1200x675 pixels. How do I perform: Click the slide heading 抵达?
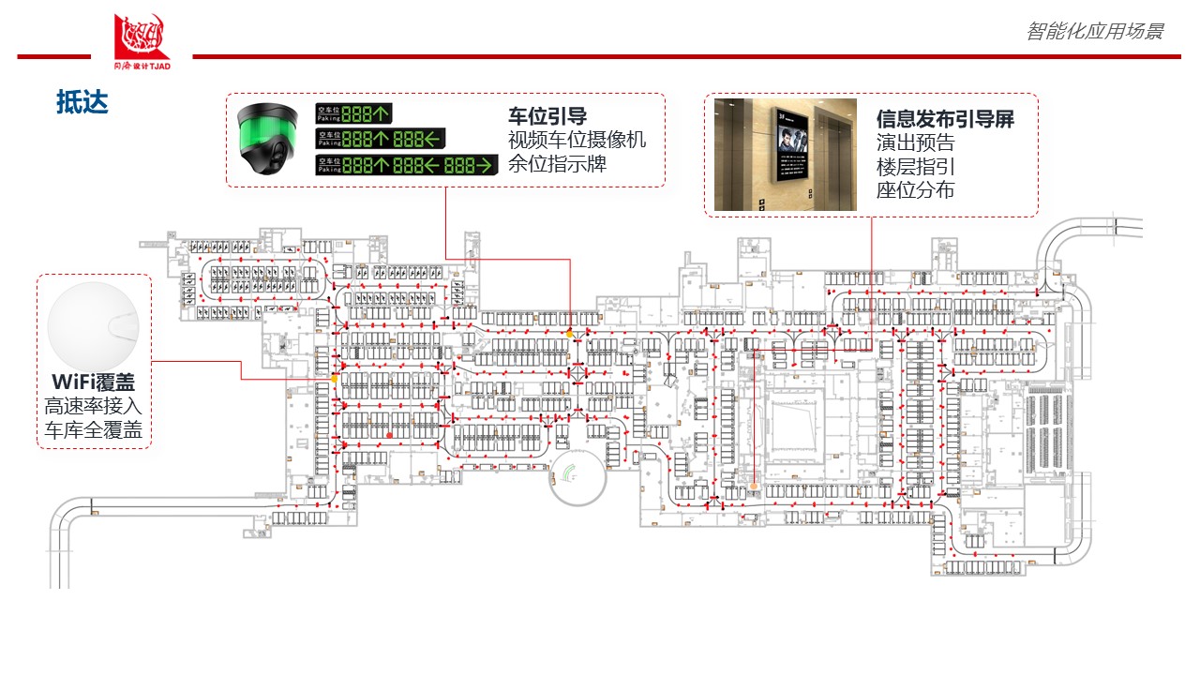click(82, 102)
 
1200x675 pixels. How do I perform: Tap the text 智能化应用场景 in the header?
click(1094, 31)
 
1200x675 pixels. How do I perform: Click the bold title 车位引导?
click(547, 116)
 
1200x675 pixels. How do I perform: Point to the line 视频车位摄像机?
click(577, 141)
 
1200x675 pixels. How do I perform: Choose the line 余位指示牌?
click(557, 164)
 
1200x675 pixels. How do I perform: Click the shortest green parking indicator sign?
click(353, 113)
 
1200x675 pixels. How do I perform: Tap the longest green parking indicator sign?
click(405, 166)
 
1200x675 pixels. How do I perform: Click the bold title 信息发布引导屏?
click(945, 119)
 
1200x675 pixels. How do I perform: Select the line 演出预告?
click(915, 142)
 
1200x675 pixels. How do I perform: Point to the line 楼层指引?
click(915, 166)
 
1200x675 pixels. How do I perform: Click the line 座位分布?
click(915, 189)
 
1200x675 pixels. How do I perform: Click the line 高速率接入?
click(94, 407)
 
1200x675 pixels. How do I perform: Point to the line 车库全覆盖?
click(94, 430)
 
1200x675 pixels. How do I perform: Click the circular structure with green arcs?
click(577, 476)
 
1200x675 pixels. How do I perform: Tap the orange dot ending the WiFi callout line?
click(334, 379)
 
